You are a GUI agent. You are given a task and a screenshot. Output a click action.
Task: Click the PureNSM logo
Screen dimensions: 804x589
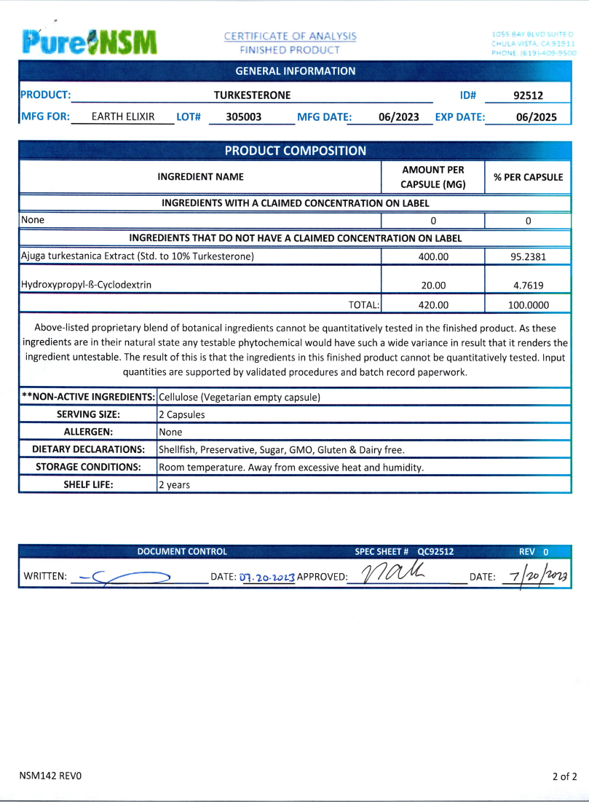pos(90,42)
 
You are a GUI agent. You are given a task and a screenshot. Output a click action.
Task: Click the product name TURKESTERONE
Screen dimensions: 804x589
pos(252,95)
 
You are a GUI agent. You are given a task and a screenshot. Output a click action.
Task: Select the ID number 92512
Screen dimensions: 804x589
pos(528,95)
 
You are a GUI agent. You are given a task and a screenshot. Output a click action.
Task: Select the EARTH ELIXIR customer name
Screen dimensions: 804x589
pos(123,116)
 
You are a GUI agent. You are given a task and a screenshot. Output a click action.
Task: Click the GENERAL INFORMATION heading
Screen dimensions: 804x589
pos(296,71)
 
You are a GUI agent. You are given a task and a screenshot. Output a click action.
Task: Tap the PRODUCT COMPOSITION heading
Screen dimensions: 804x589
pos(295,151)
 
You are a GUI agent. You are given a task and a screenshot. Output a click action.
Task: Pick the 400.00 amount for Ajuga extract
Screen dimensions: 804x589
pos(433,256)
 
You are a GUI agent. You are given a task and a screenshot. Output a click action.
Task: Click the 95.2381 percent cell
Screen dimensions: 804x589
pos(528,256)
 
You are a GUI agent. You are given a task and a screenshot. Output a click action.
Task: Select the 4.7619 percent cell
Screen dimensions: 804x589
pos(528,285)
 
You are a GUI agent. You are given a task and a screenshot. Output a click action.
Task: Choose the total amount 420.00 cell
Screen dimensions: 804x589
pos(433,305)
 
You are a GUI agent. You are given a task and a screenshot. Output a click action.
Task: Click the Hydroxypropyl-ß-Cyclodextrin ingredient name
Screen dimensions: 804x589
pos(86,285)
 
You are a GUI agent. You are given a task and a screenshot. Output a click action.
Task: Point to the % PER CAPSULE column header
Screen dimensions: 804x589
pos(528,177)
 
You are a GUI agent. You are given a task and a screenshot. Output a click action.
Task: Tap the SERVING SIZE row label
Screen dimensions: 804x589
pos(88,414)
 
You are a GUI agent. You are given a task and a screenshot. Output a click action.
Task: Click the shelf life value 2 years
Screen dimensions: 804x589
pos(174,484)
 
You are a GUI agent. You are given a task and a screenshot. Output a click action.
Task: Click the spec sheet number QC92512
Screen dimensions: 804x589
pos(435,552)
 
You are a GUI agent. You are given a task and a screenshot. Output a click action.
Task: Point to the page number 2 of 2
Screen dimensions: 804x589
pos(564,776)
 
